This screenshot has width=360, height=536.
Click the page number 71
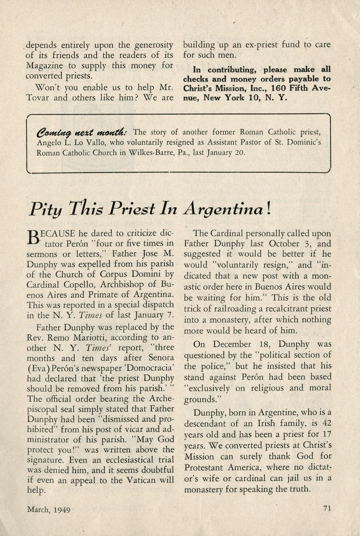[x=327, y=508]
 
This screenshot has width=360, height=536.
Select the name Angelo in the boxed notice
[x=49, y=142]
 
